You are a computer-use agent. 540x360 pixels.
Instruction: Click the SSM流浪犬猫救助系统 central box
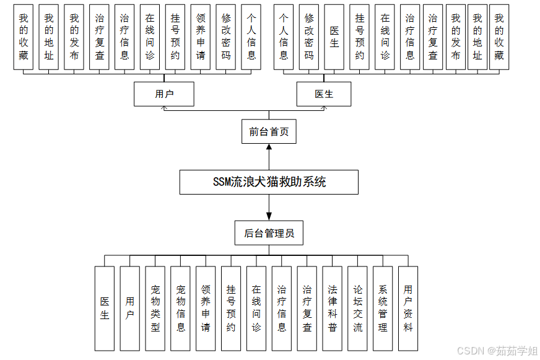(269, 182)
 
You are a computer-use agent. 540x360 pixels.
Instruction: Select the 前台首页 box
(269, 131)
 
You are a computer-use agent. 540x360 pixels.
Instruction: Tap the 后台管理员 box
(269, 234)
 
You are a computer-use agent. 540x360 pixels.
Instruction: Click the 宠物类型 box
(155, 308)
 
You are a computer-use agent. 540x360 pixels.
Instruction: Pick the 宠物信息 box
(180, 308)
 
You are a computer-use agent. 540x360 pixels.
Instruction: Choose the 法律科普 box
(333, 308)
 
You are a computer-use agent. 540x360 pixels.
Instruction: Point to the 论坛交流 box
(357, 308)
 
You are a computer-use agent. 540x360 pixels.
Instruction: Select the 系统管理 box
(383, 308)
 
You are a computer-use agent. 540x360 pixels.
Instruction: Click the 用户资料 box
(408, 308)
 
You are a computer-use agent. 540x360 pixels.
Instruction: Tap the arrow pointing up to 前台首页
(269, 149)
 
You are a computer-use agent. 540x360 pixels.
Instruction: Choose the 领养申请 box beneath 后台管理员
(206, 308)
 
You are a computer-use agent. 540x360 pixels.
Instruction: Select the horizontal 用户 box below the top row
(164, 94)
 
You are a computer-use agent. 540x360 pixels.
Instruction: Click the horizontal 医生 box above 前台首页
(324, 94)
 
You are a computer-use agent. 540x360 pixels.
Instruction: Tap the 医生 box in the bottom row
(105, 308)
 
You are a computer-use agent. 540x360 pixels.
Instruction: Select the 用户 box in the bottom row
(129, 308)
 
